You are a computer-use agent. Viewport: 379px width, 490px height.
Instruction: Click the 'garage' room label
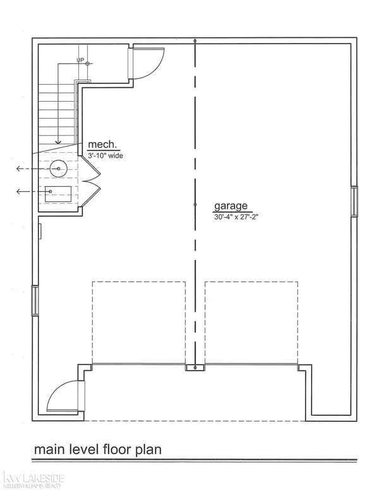pyautogui.click(x=233, y=206)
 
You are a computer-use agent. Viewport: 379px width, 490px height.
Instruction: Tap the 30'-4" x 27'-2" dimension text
pyautogui.click(x=238, y=218)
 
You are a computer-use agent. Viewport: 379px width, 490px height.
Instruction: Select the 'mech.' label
pyautogui.click(x=101, y=143)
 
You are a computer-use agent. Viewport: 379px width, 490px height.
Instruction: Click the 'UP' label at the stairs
pyautogui.click(x=80, y=61)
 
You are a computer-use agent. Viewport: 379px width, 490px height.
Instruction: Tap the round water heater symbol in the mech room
pyautogui.click(x=59, y=169)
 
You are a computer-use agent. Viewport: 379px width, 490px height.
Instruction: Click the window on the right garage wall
pyautogui.click(x=355, y=200)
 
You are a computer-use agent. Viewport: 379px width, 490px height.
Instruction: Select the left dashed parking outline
pyautogui.click(x=139, y=322)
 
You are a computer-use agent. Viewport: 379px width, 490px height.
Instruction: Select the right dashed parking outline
pyautogui.click(x=251, y=322)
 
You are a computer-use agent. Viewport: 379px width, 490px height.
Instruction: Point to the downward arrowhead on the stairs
pyautogui.click(x=57, y=141)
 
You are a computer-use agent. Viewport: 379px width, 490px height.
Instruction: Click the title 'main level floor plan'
pyautogui.click(x=97, y=450)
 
